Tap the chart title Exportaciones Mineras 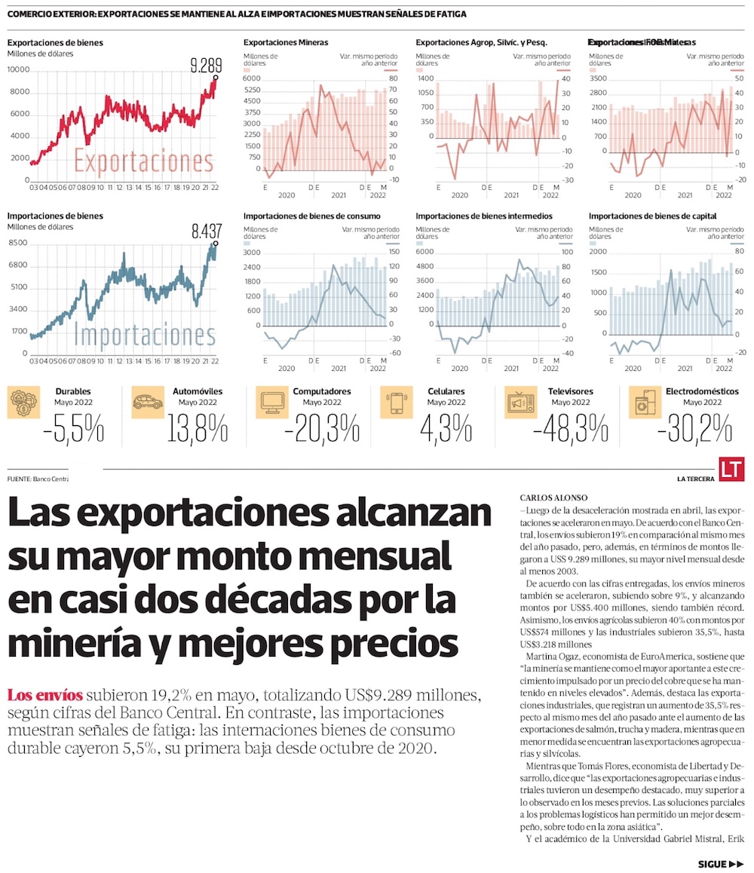[x=286, y=43]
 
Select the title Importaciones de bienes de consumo [x=311, y=216]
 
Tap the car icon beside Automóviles [x=147, y=403]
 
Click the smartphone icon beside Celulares [x=397, y=403]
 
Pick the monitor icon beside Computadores [x=271, y=403]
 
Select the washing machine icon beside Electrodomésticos [x=645, y=403]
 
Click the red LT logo [x=731, y=468]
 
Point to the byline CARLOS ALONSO [x=548, y=498]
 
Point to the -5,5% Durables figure [x=73, y=430]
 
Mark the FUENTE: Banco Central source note [x=38, y=479]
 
